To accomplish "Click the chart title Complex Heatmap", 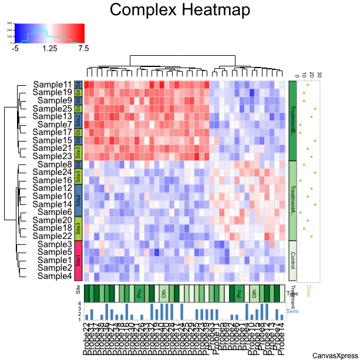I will click(x=180, y=11).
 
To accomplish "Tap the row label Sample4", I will click(x=56, y=276).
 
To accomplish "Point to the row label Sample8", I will click(x=56, y=164).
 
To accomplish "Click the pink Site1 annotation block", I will click(x=78, y=260).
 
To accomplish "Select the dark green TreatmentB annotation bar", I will click(x=292, y=120).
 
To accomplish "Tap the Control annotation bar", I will click(x=292, y=260).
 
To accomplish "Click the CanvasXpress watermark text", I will click(x=335, y=355).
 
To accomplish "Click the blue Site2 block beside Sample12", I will click(x=78, y=196).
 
